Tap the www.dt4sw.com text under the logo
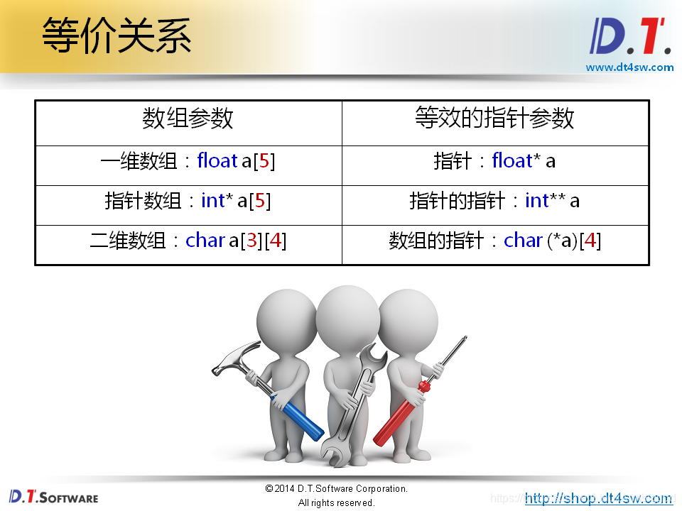[629, 67]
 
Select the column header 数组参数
[188, 119]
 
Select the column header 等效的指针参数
[494, 119]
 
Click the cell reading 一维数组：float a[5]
[188, 161]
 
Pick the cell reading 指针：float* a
[494, 161]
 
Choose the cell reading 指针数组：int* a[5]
[188, 201]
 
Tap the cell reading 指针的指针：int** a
[494, 201]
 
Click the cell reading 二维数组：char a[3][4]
[188, 241]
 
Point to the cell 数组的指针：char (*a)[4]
[494, 241]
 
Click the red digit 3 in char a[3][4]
[251, 241]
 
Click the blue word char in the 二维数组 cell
[205, 241]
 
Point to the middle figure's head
[347, 313]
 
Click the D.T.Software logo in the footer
[54, 496]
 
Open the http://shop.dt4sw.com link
[598, 498]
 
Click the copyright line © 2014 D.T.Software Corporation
[336, 489]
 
